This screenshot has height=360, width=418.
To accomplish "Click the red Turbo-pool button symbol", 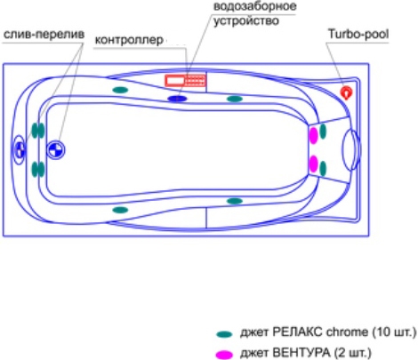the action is pos(346,92).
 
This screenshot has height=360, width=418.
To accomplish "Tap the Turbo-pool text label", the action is pos(358,34).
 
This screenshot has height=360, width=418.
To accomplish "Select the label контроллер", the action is pos(129,40).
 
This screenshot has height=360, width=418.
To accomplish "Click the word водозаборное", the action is pos(255,6).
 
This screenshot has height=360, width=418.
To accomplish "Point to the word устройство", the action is pos(246,21).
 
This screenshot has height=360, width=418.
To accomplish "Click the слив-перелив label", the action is pos(44,35).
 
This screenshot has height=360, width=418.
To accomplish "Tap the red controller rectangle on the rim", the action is pos(186,80).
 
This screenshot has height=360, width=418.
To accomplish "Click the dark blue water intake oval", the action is pos(177,99).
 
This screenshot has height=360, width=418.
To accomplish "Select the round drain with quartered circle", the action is pos(56,150).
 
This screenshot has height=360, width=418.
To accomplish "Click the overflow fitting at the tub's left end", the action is pos(19,149).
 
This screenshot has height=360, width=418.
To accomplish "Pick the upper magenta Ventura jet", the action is pos(313,135).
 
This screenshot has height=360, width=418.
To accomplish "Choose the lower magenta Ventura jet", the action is pos(313,164).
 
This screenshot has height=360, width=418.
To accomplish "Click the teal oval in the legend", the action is pos(224,334).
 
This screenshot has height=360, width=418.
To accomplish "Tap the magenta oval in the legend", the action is pos(224,355).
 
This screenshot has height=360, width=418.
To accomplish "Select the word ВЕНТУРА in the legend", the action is pos(301,353).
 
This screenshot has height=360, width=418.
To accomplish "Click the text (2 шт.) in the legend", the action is pos(352,353).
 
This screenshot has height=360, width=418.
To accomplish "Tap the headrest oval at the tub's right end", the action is pos(351,149).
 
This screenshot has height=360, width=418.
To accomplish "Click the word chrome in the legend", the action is pos(347,332).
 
